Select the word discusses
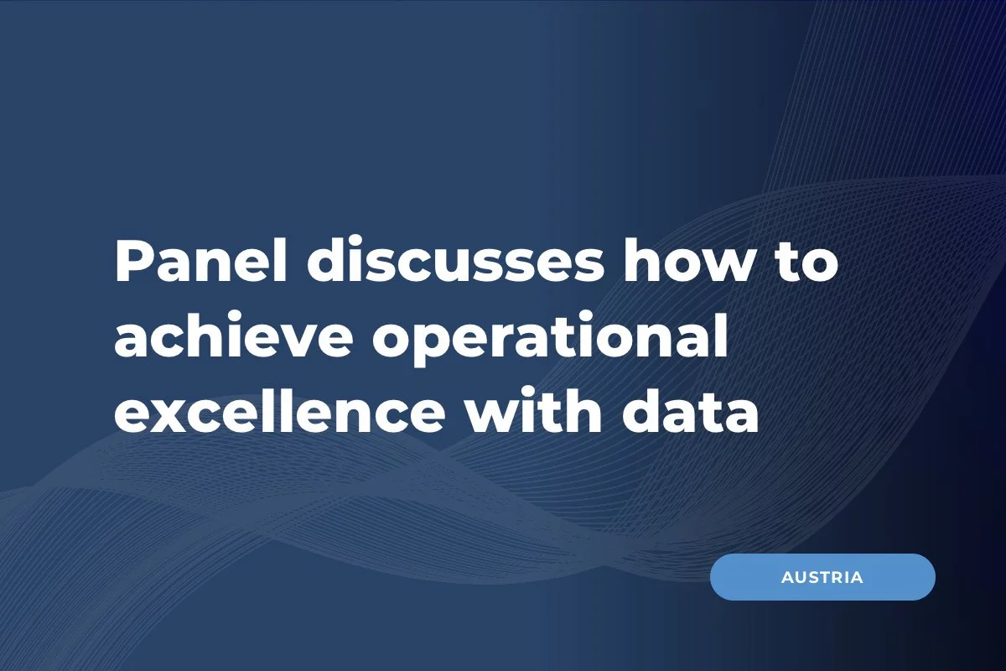[x=453, y=262]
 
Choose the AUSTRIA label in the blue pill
[x=822, y=578]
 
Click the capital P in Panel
[x=132, y=262]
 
